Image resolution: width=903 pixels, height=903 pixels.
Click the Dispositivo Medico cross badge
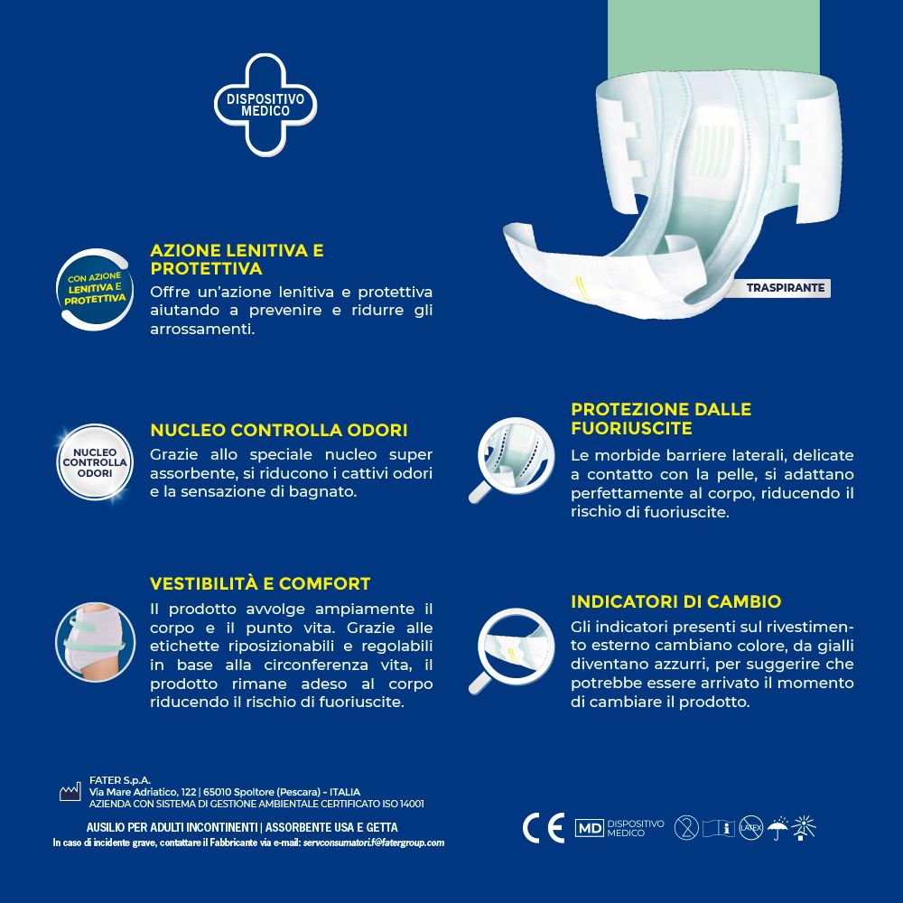[x=265, y=104]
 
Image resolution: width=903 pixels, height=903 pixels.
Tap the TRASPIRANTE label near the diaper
[x=785, y=288]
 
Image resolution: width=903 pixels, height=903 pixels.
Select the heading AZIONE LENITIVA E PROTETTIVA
[x=237, y=259]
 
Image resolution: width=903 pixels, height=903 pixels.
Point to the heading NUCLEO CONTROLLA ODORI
[x=278, y=430]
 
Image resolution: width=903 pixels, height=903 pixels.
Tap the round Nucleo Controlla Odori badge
[x=95, y=461]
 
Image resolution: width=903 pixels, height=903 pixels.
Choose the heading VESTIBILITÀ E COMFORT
[x=260, y=583]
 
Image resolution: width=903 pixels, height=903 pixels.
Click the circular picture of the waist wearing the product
[x=95, y=641]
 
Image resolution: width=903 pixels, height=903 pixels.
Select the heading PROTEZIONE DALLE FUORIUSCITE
[x=661, y=418]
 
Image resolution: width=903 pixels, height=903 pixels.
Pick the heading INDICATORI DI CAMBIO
[x=675, y=601]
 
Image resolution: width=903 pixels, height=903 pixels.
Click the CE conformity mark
[x=544, y=827]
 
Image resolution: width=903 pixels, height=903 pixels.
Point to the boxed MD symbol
[x=589, y=828]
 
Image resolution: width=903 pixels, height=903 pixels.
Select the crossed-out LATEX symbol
[x=751, y=827]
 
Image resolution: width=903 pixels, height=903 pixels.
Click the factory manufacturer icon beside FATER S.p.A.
[x=70, y=792]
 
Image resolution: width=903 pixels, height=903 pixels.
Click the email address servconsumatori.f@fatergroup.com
[x=374, y=842]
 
